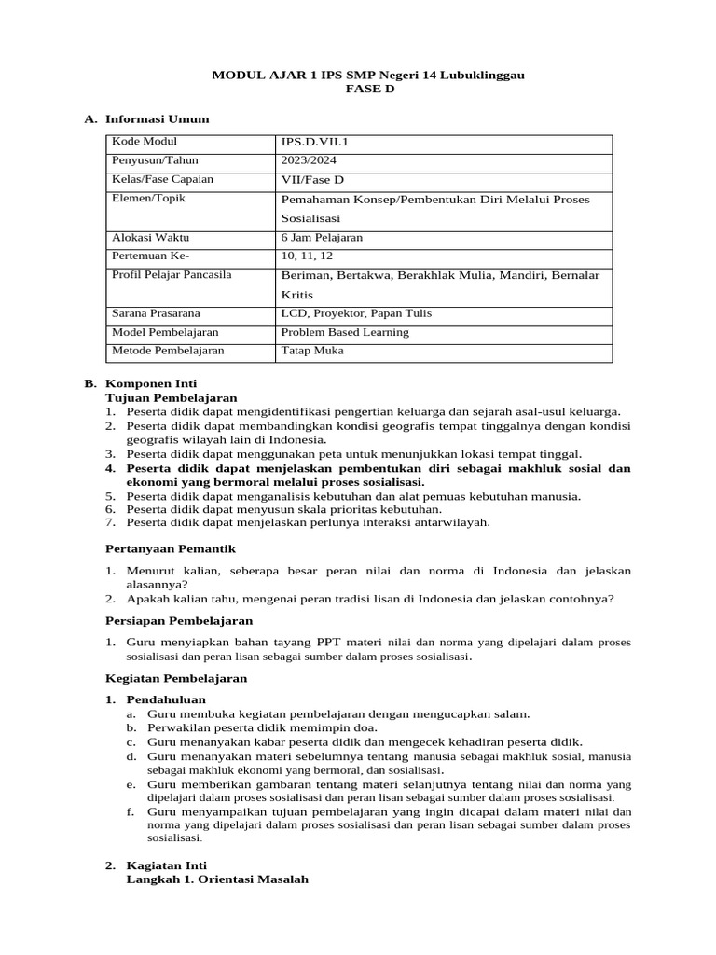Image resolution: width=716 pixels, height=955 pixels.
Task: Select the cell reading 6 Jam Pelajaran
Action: [322, 238]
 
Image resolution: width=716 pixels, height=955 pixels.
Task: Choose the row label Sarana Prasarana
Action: [156, 313]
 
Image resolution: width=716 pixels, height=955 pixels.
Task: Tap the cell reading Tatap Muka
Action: [312, 351]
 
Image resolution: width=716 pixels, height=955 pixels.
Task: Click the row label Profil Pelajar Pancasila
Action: [172, 275]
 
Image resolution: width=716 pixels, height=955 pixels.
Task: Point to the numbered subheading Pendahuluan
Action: [166, 699]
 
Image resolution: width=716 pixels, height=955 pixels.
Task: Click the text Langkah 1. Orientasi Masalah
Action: [216, 879]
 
